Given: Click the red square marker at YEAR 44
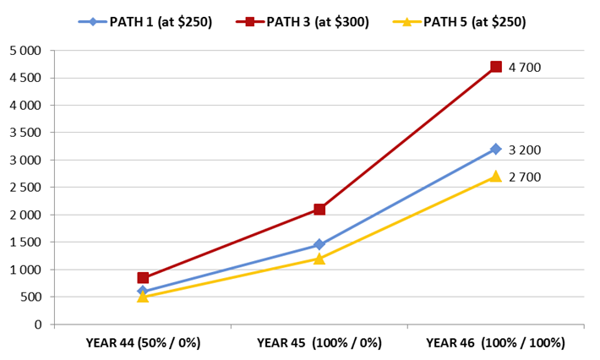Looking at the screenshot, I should (143, 278).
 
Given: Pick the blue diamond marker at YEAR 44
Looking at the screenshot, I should (143, 292).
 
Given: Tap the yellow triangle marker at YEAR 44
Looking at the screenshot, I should (143, 297).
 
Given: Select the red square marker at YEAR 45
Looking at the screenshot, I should (319, 210).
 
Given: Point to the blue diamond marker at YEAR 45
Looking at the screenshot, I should (319, 245).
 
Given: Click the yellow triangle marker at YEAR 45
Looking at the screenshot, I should (319, 259).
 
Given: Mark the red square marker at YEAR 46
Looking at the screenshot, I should (496, 67).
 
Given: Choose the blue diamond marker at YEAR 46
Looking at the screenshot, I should (496, 150).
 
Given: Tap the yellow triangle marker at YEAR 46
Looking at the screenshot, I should (496, 176).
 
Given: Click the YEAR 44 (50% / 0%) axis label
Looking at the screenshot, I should (143, 343).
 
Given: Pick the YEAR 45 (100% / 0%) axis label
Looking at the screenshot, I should (319, 343).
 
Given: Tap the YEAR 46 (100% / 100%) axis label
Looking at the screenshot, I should (496, 343).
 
